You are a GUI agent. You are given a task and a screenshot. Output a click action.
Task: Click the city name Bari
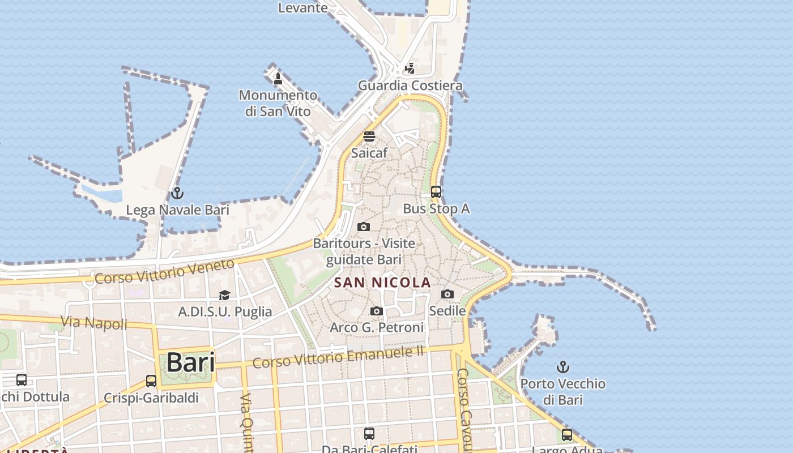click(x=191, y=362)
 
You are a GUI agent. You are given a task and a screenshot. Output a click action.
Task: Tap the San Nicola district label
click(x=382, y=283)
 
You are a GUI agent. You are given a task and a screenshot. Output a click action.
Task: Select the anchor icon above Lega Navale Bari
click(x=177, y=194)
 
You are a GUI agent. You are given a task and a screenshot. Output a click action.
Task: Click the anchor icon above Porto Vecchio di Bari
click(x=562, y=367)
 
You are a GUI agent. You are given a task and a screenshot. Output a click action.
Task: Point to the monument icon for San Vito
click(x=278, y=79)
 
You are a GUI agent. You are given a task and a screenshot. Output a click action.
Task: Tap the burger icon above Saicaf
click(x=369, y=136)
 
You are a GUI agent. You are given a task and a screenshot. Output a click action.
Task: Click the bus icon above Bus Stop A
click(x=436, y=192)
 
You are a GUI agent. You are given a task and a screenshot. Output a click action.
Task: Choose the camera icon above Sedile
click(x=447, y=294)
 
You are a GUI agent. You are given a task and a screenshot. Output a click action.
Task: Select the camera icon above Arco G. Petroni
click(x=376, y=311)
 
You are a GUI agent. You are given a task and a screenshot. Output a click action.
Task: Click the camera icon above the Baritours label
click(x=364, y=227)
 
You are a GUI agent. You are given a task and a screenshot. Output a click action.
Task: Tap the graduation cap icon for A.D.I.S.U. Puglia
click(x=225, y=295)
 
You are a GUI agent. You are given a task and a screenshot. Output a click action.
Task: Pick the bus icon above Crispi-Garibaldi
click(x=151, y=381)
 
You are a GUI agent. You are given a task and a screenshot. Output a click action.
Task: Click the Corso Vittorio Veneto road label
click(x=164, y=272)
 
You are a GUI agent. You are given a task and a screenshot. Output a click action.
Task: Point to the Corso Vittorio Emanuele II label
click(x=338, y=357)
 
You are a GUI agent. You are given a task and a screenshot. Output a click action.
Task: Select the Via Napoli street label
click(x=94, y=323)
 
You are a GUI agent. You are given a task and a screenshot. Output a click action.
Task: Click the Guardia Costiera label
click(x=410, y=86)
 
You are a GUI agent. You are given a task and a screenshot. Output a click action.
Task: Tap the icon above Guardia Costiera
click(x=410, y=69)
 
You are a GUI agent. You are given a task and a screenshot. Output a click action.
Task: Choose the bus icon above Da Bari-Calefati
click(x=369, y=434)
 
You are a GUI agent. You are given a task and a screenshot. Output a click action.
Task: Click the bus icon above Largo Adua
click(x=566, y=435)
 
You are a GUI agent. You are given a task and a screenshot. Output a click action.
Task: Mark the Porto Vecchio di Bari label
click(x=562, y=391)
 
